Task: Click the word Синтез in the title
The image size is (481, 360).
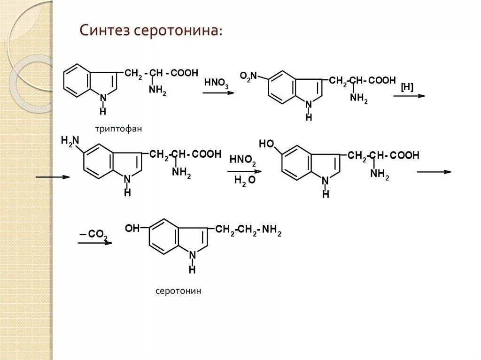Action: click(105, 31)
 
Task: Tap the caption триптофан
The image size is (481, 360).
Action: click(117, 128)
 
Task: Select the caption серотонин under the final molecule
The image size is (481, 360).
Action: click(178, 291)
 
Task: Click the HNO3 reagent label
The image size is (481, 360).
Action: click(217, 84)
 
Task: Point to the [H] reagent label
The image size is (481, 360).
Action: click(407, 87)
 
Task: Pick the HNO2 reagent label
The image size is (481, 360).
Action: click(243, 161)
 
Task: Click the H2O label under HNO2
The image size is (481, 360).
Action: click(244, 180)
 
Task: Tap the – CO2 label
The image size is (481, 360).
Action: click(94, 234)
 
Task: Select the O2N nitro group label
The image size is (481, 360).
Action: click(248, 76)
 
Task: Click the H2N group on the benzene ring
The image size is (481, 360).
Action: click(70, 140)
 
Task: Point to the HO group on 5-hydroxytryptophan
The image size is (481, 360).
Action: click(266, 144)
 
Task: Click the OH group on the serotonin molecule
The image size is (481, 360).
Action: click(132, 229)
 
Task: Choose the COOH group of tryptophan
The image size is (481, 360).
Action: click(184, 73)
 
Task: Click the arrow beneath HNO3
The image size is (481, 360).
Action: click(218, 93)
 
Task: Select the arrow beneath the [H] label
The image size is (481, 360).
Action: click(409, 96)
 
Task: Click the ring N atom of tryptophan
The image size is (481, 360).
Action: click(103, 98)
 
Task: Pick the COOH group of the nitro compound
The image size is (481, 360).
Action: click(382, 81)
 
